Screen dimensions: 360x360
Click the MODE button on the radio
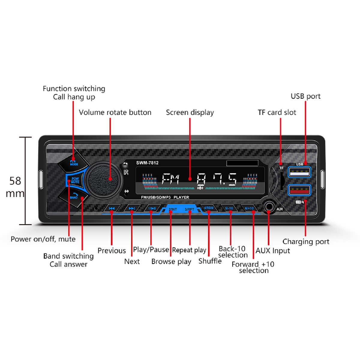(x=73, y=162)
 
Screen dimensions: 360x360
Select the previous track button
(x=112, y=208)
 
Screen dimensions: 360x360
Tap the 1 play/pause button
(x=152, y=208)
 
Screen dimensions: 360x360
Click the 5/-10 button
(x=229, y=208)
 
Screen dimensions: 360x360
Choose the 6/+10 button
(x=249, y=208)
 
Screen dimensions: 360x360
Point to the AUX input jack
(x=268, y=207)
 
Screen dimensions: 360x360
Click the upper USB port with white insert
(x=299, y=172)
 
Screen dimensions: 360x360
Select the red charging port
(x=299, y=190)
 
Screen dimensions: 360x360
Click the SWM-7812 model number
(x=147, y=163)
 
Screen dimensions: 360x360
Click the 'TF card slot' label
(x=277, y=112)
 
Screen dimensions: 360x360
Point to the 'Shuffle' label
(x=210, y=261)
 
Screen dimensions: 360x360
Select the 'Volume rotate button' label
(x=115, y=112)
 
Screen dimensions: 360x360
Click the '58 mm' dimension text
(x=15, y=187)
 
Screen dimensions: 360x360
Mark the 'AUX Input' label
(x=273, y=251)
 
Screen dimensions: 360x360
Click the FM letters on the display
(x=170, y=179)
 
